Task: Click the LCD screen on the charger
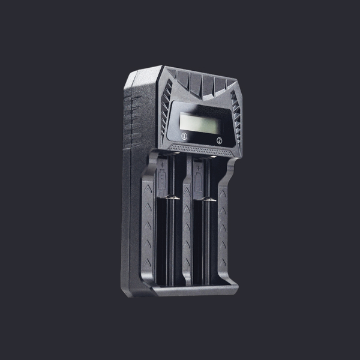click(199, 123)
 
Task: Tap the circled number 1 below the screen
click(184, 136)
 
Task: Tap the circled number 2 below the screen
click(220, 140)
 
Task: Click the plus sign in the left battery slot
click(163, 164)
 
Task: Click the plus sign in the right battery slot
click(199, 168)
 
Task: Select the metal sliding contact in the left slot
click(172, 197)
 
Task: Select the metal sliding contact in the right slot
click(209, 199)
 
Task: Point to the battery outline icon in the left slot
click(162, 179)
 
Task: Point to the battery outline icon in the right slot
click(198, 182)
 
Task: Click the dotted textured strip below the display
click(200, 150)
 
